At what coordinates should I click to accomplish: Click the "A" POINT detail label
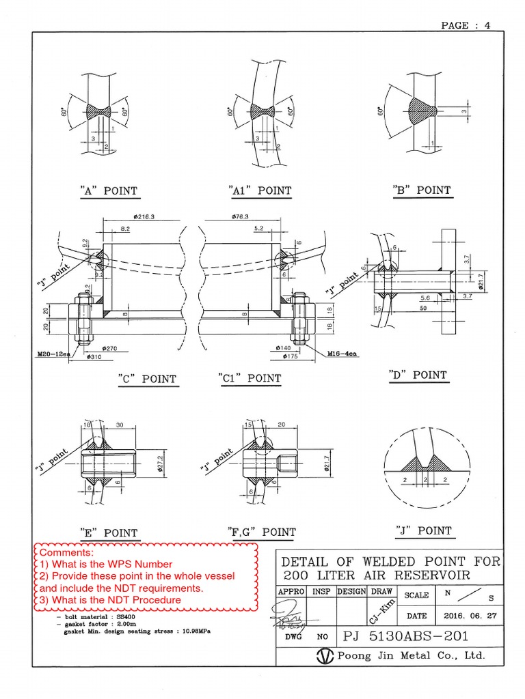pos(109,191)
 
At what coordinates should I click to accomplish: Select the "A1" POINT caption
pos(260,191)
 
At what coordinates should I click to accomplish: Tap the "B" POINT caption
pos(422,190)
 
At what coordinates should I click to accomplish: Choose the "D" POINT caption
pos(418,375)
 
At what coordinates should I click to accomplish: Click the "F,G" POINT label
pos(261,532)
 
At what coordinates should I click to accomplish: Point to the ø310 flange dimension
pos(94,356)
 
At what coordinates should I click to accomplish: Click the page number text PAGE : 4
pos(466,25)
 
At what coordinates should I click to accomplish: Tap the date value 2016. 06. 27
pos(470,614)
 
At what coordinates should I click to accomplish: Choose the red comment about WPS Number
pos(106,564)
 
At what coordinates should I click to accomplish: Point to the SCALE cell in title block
pos(416,595)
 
